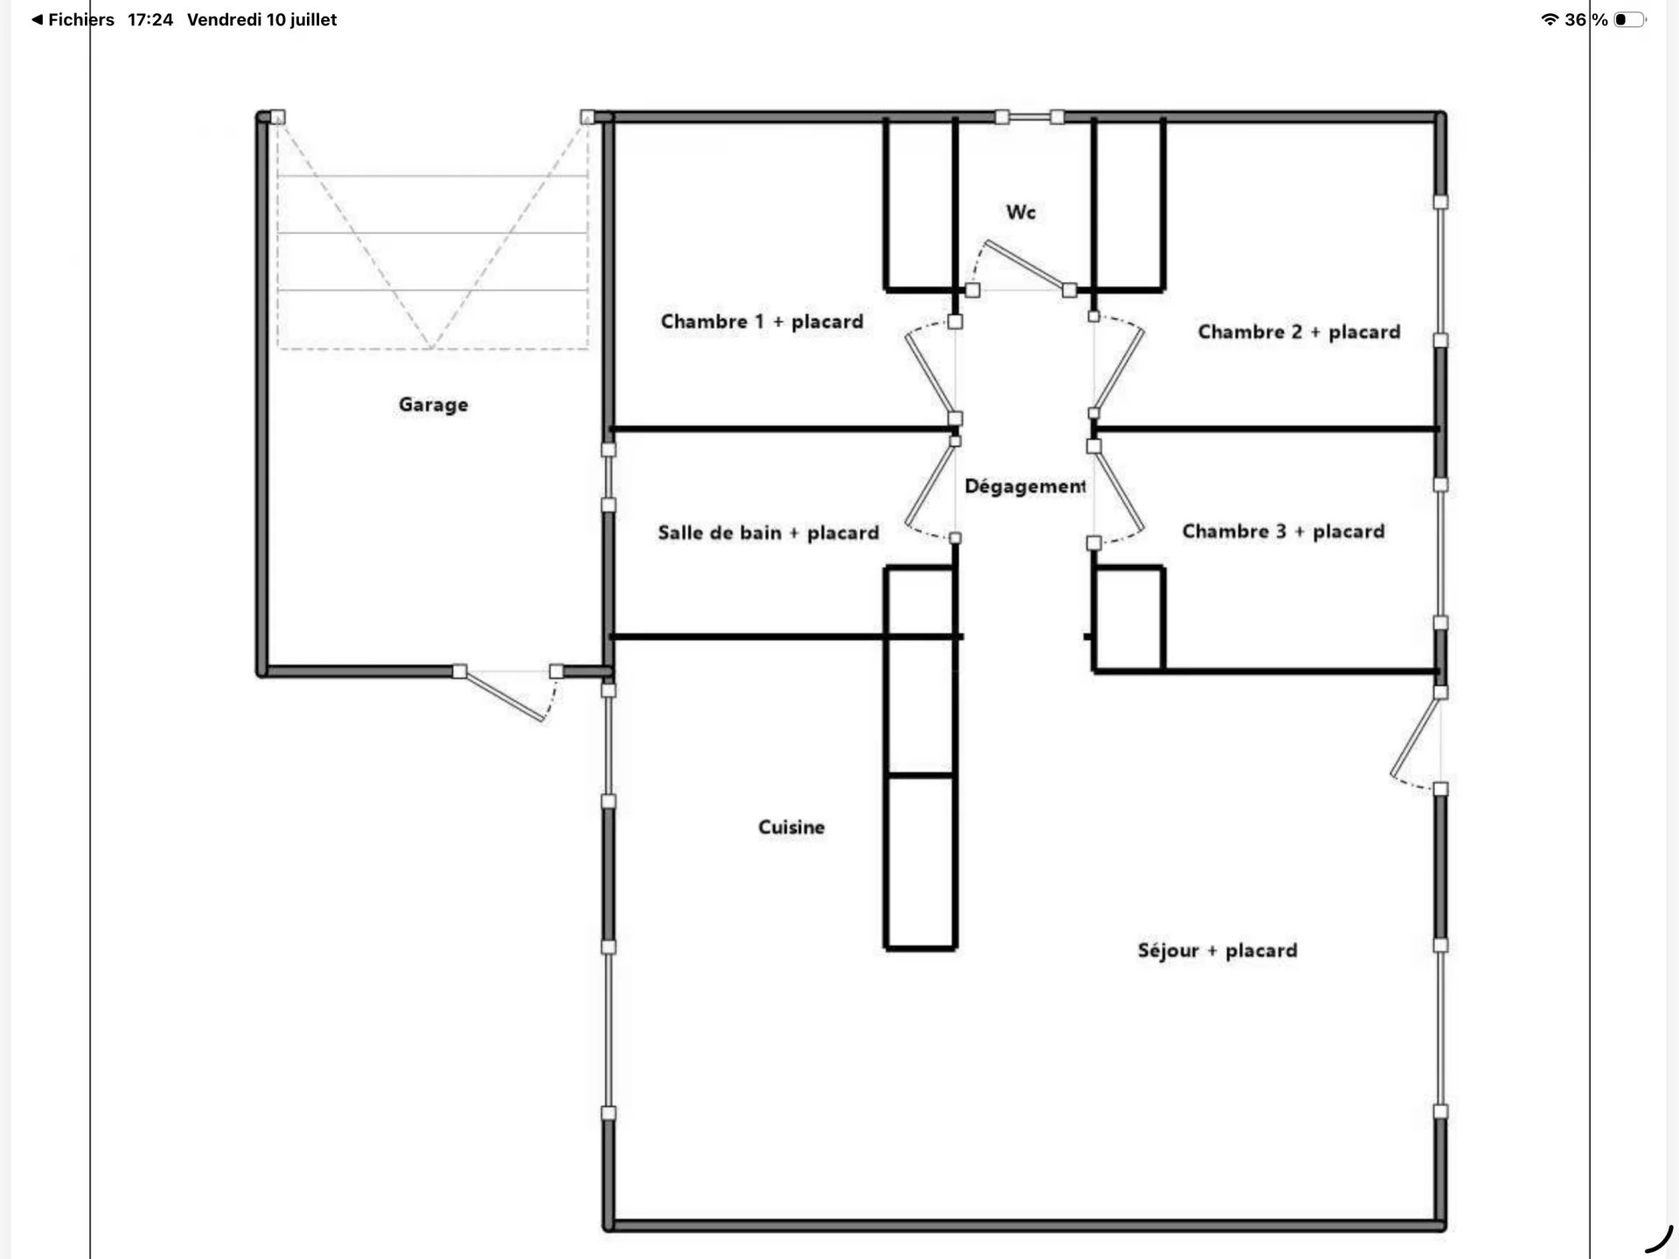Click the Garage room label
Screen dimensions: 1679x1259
pyautogui.click(x=433, y=405)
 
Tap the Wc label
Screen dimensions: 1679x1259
pyautogui.click(x=1021, y=212)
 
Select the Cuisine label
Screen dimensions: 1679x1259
pyautogui.click(x=791, y=827)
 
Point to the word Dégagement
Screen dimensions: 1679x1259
pyautogui.click(x=1025, y=486)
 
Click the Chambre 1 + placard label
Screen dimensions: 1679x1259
pyautogui.click(x=762, y=322)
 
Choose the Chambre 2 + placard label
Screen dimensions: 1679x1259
pyautogui.click(x=1299, y=332)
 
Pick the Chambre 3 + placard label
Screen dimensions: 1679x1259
pyautogui.click(x=1283, y=532)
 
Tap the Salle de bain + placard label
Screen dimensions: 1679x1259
pyautogui.click(x=768, y=532)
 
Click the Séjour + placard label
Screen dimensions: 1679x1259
pyautogui.click(x=1217, y=950)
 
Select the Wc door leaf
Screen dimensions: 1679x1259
pyautogui.click(x=1028, y=265)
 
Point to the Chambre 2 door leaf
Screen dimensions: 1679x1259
pyautogui.click(x=1118, y=371)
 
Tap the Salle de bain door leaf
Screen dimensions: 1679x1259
pyautogui.click(x=930, y=484)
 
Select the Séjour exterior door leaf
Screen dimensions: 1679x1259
pyautogui.click(x=1415, y=734)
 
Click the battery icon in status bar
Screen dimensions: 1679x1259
pyautogui.click(x=1629, y=19)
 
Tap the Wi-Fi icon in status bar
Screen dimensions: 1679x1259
pyautogui.click(x=1550, y=19)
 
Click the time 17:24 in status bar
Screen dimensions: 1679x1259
pyautogui.click(x=150, y=19)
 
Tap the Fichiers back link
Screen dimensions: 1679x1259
pyautogui.click(x=73, y=19)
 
